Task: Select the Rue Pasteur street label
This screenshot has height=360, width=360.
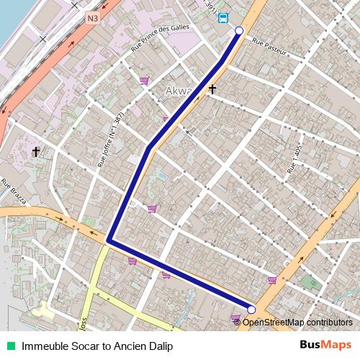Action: pos(270,47)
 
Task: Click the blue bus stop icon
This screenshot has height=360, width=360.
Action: pos(223,18)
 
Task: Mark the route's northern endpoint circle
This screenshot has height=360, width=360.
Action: pos(240,31)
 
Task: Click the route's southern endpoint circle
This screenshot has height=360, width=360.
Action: pos(251,310)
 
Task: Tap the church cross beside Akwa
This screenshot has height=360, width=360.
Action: pos(212,89)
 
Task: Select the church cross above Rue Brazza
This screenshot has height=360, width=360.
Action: pos(36,152)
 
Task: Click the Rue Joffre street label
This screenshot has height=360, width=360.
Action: pos(112,143)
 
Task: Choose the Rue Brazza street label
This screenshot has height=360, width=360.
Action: pos(14,192)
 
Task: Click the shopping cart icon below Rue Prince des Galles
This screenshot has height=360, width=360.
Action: pos(144,81)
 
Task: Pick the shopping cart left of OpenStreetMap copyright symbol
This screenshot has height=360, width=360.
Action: pos(235,318)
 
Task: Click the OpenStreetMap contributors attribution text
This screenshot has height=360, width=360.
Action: pos(297,323)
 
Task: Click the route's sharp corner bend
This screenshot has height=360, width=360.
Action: pos(108,240)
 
